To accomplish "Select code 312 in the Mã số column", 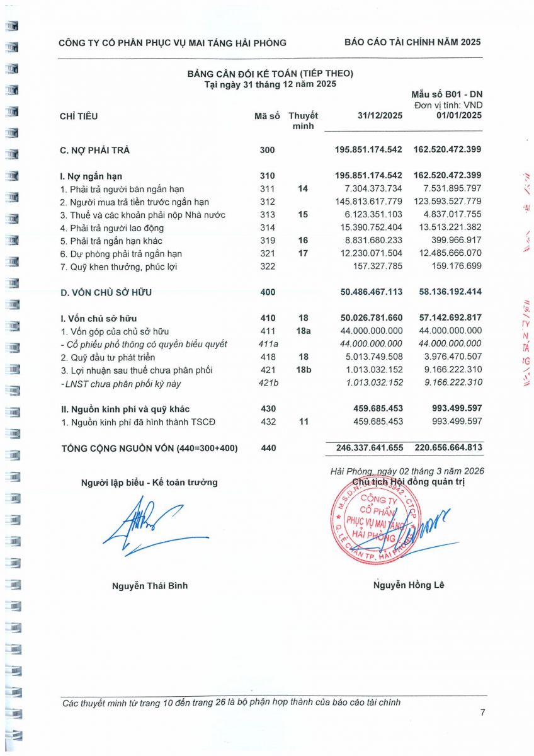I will pyautogui.click(x=267, y=202).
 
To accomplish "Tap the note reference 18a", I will pyautogui.click(x=304, y=331).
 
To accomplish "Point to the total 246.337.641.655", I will pyautogui.click(x=365, y=447).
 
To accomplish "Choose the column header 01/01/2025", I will pyautogui.click(x=458, y=116).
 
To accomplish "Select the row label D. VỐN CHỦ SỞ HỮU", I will pyautogui.click(x=106, y=292).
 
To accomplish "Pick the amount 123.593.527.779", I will pyautogui.click(x=448, y=202).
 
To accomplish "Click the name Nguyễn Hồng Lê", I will pyautogui.click(x=408, y=585).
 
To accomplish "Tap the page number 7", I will pyautogui.click(x=482, y=713).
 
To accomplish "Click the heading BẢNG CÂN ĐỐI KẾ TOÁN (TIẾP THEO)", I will pyautogui.click(x=270, y=74).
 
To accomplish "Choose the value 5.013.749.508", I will pyautogui.click(x=370, y=357).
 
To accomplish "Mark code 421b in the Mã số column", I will pyautogui.click(x=269, y=383).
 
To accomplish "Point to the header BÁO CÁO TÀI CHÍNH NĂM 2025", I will pyautogui.click(x=412, y=42).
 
